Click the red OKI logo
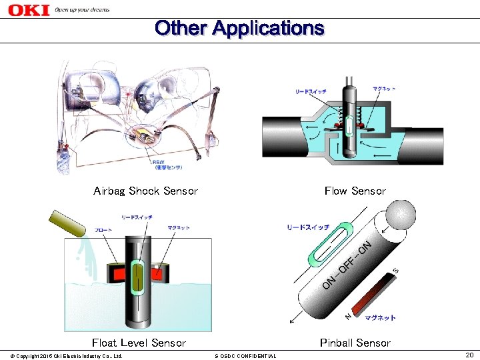(x=28, y=10)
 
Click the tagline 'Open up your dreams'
(x=81, y=10)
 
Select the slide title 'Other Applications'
(x=239, y=29)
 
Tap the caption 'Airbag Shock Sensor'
(x=145, y=191)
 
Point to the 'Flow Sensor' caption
(x=355, y=191)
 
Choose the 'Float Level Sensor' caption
(x=139, y=343)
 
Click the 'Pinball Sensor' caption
(x=355, y=343)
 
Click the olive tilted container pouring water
(x=65, y=223)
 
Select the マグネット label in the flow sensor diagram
(x=384, y=89)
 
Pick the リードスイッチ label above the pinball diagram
(x=307, y=227)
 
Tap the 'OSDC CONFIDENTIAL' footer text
(x=245, y=356)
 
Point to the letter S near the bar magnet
(x=395, y=271)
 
